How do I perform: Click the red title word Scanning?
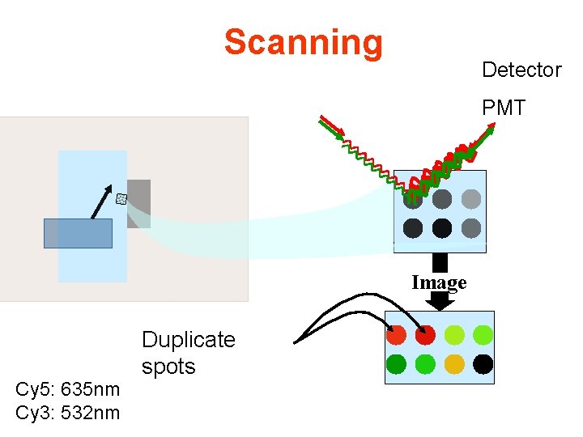(x=303, y=43)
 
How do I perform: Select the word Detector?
(x=521, y=70)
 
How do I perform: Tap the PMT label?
(x=504, y=108)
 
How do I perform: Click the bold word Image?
(x=439, y=282)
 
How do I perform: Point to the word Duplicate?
(x=188, y=340)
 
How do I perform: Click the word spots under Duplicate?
(x=168, y=367)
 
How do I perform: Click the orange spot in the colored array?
(x=454, y=364)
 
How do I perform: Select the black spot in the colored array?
(x=483, y=364)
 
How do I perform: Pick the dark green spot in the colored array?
(x=397, y=364)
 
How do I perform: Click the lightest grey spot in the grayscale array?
(x=471, y=199)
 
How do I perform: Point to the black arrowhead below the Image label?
(x=440, y=302)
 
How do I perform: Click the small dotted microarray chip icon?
(x=121, y=198)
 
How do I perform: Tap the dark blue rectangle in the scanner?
(x=78, y=233)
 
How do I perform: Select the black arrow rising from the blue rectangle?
(x=102, y=202)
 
